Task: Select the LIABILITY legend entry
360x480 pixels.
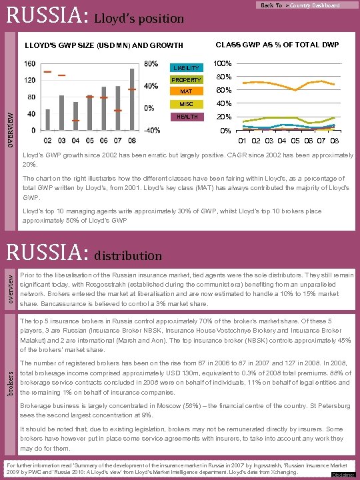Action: tap(186, 68)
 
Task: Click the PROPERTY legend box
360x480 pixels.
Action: tap(186, 80)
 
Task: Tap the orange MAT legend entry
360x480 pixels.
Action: tap(186, 91)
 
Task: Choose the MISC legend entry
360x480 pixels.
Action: tap(186, 104)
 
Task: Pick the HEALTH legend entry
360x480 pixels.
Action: tap(186, 117)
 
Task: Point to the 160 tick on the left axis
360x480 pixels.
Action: tap(30, 64)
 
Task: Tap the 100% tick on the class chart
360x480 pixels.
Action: tap(223, 64)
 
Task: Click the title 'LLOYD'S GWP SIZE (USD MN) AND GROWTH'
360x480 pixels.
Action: tap(103, 45)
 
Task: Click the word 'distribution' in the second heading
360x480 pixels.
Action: tap(128, 255)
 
